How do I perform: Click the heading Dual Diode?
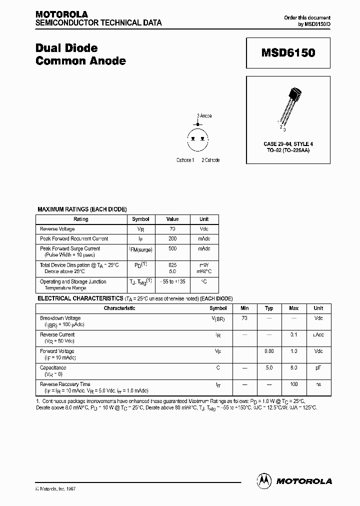click(66, 48)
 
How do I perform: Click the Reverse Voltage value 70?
click(172, 228)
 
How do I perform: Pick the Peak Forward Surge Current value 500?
click(172, 248)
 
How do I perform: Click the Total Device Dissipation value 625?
click(172, 264)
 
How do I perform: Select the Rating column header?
click(80, 219)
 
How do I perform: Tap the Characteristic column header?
click(119, 308)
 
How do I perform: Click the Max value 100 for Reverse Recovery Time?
click(294, 384)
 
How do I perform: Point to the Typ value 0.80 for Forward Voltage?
click(269, 351)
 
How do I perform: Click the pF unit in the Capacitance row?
click(318, 367)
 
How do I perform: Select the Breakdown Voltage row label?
click(60, 318)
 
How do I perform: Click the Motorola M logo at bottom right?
click(264, 480)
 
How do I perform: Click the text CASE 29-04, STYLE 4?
click(288, 144)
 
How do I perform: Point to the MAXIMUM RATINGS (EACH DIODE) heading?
click(82, 209)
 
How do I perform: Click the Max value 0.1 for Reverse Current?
click(294, 334)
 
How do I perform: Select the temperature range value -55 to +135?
click(172, 281)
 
